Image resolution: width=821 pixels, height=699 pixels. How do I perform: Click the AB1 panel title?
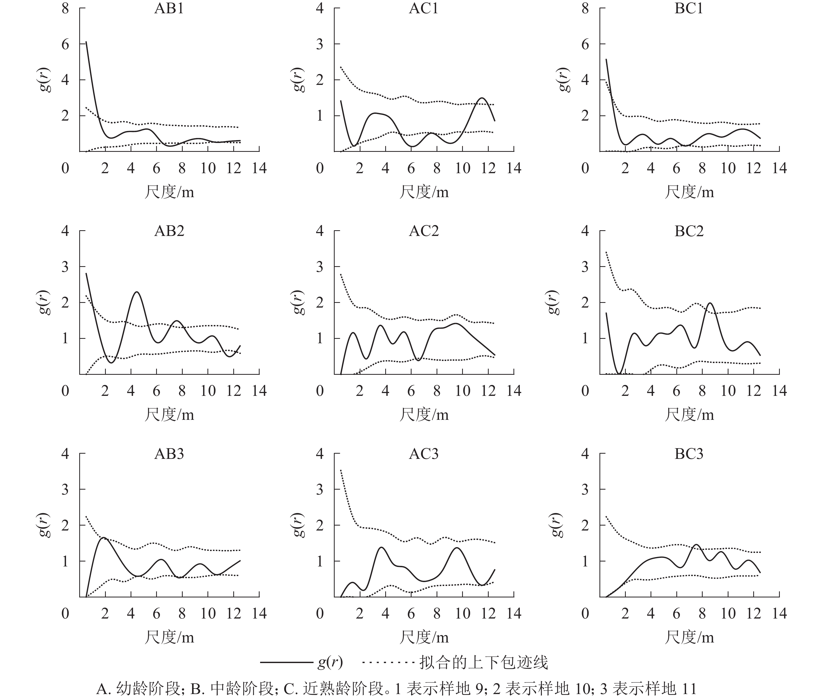[169, 9]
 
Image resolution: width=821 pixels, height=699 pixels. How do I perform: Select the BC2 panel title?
[689, 231]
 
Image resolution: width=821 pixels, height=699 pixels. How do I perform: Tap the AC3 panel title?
[424, 454]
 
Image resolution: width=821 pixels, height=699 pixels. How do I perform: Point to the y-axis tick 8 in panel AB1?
[65, 9]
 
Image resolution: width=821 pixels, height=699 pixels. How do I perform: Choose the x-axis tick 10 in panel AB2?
[208, 391]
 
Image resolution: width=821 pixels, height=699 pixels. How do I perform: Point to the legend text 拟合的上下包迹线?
[483, 662]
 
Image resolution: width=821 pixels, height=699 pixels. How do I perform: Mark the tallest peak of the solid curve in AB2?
[137, 292]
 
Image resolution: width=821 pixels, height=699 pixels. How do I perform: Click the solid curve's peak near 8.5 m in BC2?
[709, 303]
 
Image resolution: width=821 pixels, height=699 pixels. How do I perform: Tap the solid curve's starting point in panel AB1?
[86, 42]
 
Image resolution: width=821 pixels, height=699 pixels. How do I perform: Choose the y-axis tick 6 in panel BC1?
[585, 44]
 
